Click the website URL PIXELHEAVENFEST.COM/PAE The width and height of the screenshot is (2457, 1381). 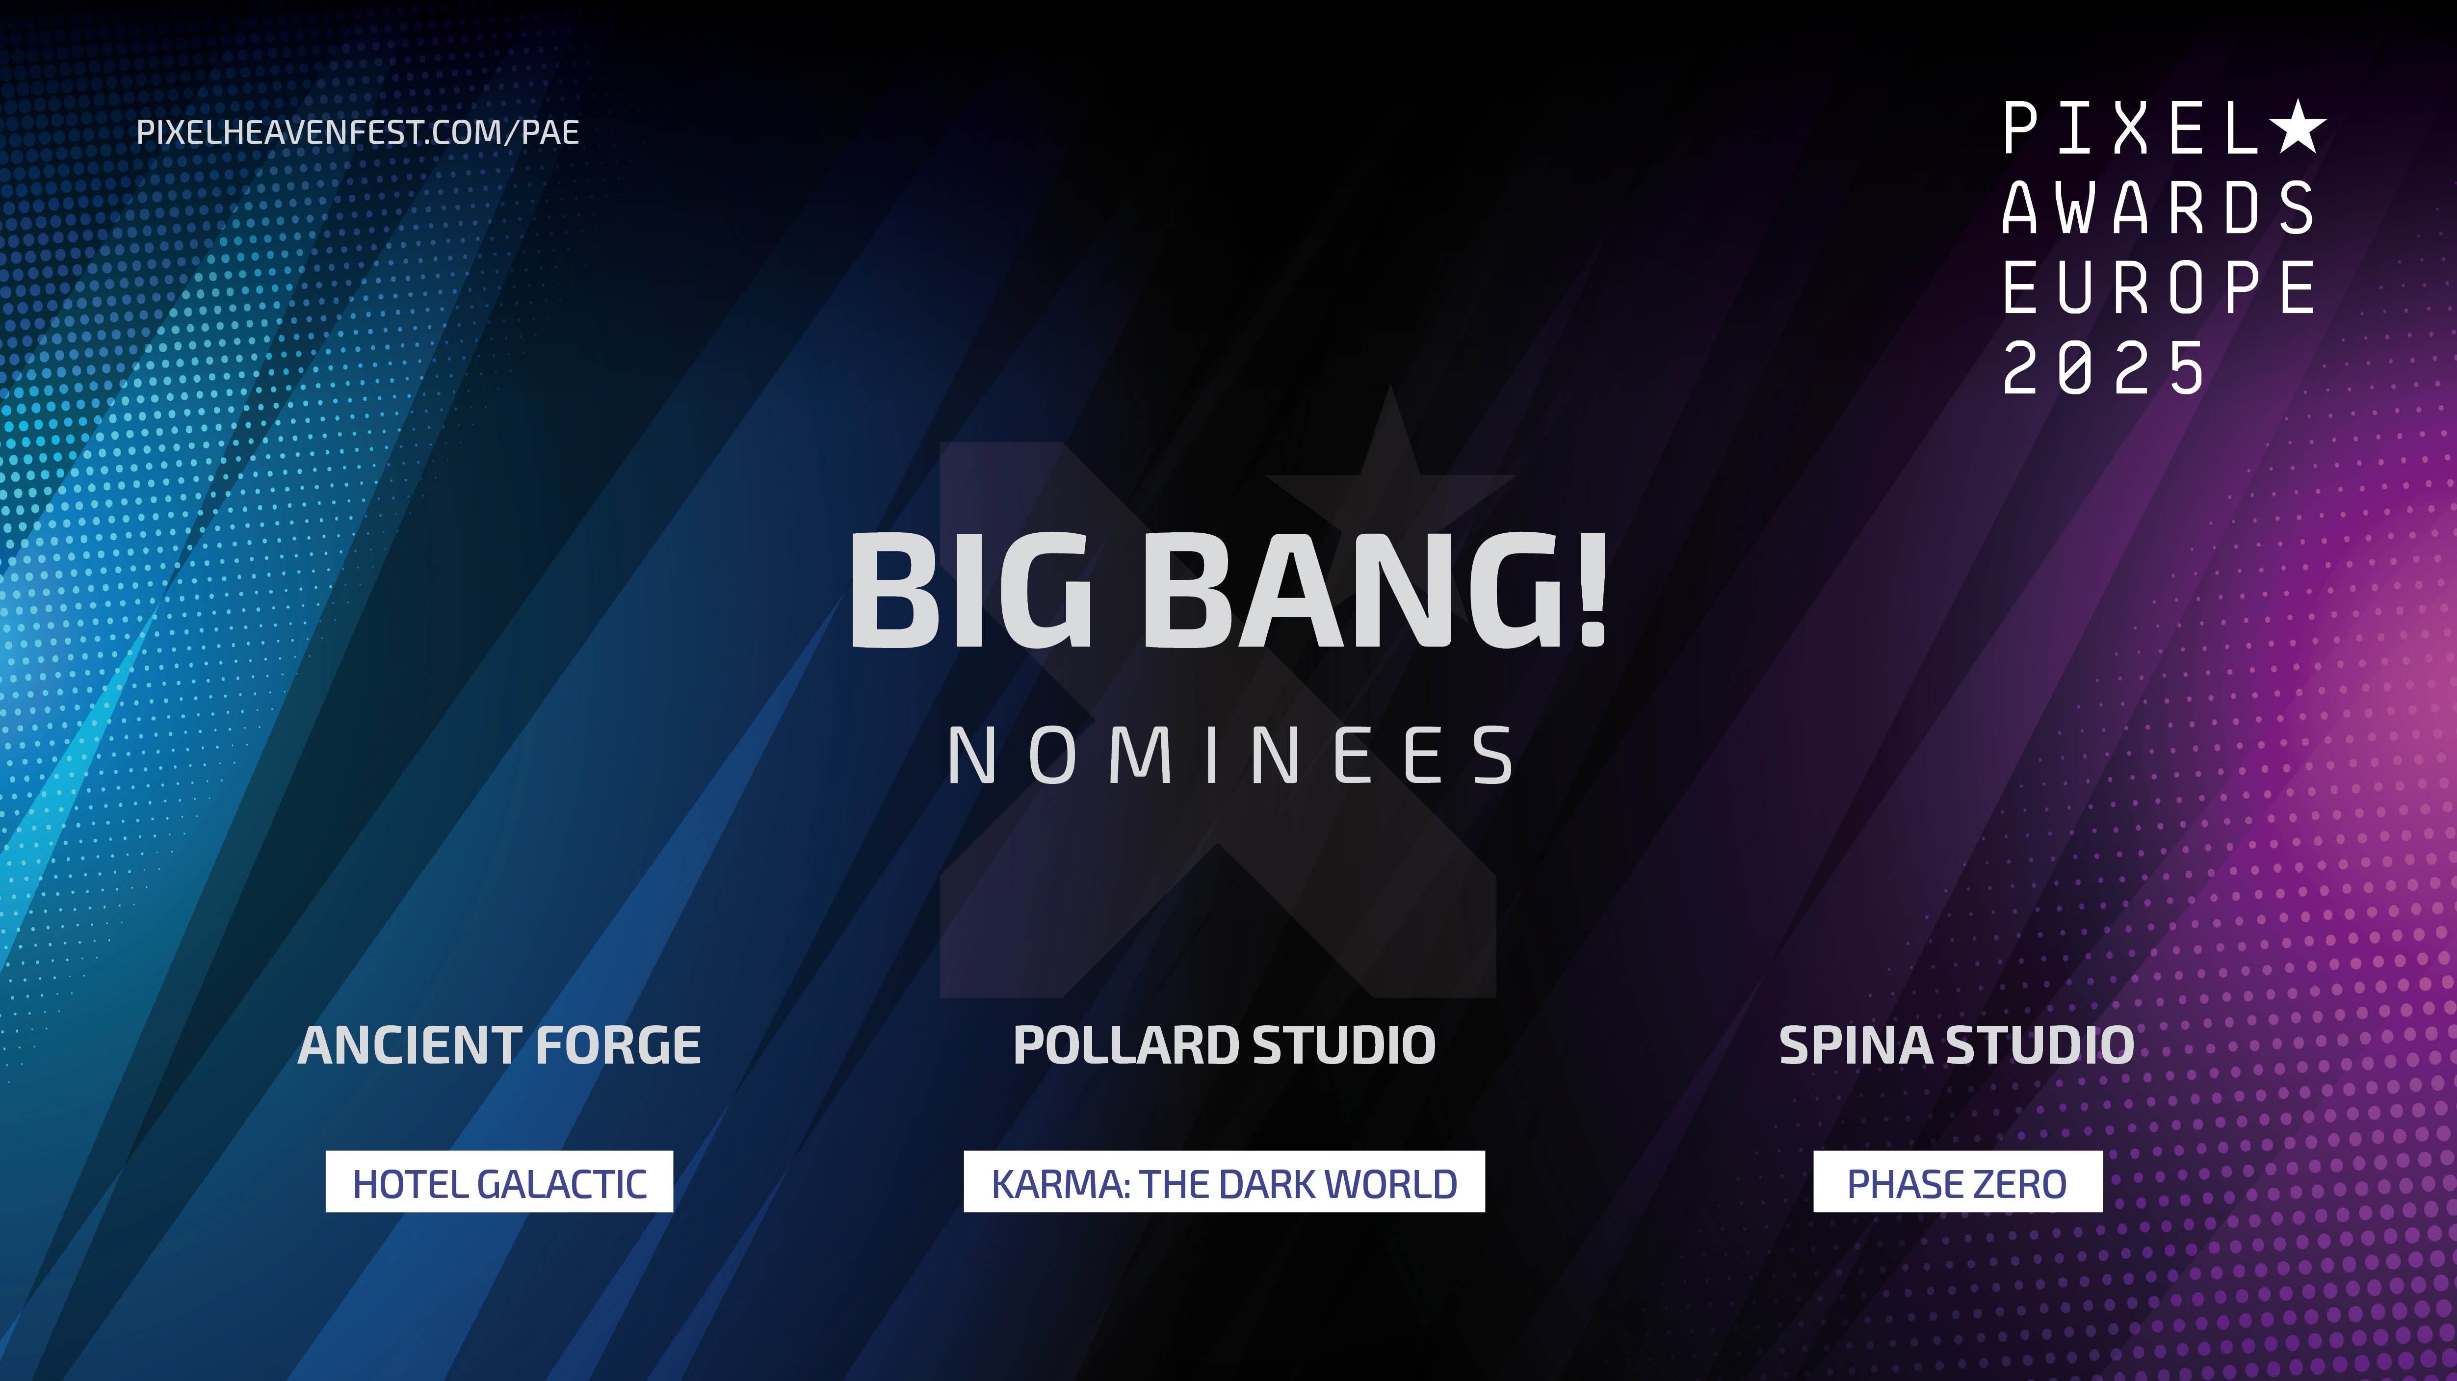[358, 131]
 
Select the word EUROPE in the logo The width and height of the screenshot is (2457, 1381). [2158, 287]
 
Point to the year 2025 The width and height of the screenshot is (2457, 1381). [2104, 367]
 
